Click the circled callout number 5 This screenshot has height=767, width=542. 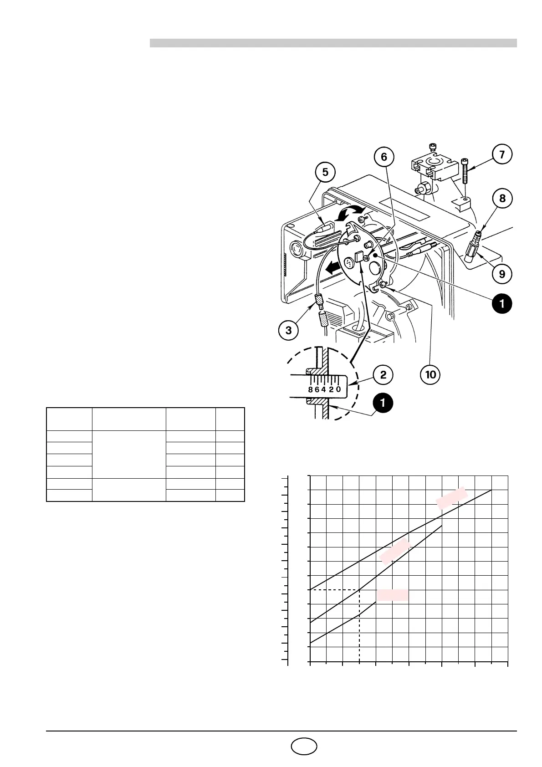[325, 173]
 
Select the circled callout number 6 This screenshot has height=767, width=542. [384, 157]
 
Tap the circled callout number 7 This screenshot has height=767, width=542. [502, 154]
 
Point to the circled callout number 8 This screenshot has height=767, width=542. [502, 199]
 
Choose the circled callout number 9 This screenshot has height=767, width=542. [502, 274]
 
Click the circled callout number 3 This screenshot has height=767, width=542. [289, 330]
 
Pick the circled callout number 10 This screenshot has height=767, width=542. [430, 374]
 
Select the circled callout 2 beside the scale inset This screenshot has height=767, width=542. [383, 374]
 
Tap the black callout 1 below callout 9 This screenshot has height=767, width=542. [502, 304]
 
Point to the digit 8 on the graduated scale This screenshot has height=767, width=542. [310, 390]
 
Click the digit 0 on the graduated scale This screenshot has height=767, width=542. [338, 390]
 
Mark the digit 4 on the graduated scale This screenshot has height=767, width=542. [323, 390]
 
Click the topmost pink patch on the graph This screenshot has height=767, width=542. [451, 497]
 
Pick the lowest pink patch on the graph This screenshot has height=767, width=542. [392, 595]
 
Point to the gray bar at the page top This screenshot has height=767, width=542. [333, 43]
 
